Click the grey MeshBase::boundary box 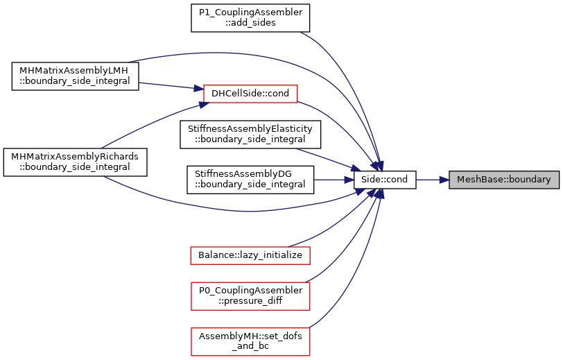(504, 180)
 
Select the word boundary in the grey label (530, 180)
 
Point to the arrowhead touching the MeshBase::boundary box (444, 180)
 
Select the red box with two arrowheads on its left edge (250, 94)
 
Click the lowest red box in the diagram (250, 342)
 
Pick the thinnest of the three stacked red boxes (250, 255)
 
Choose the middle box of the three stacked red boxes (250, 296)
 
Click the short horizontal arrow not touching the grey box (333, 180)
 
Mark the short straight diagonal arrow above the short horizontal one (326, 159)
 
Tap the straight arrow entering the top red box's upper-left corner (170, 86)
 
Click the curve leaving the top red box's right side (340, 125)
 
